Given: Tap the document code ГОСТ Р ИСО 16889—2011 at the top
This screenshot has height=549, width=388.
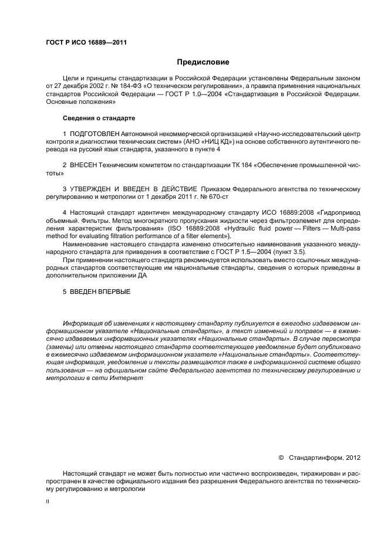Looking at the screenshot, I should click(86, 42).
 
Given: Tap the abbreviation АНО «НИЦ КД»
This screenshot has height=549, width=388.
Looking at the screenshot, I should click(208, 143).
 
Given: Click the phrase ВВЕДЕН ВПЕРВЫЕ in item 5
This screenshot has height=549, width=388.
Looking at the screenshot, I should click(100, 292).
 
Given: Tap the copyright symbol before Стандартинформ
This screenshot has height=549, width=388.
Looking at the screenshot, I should click(281, 456).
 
